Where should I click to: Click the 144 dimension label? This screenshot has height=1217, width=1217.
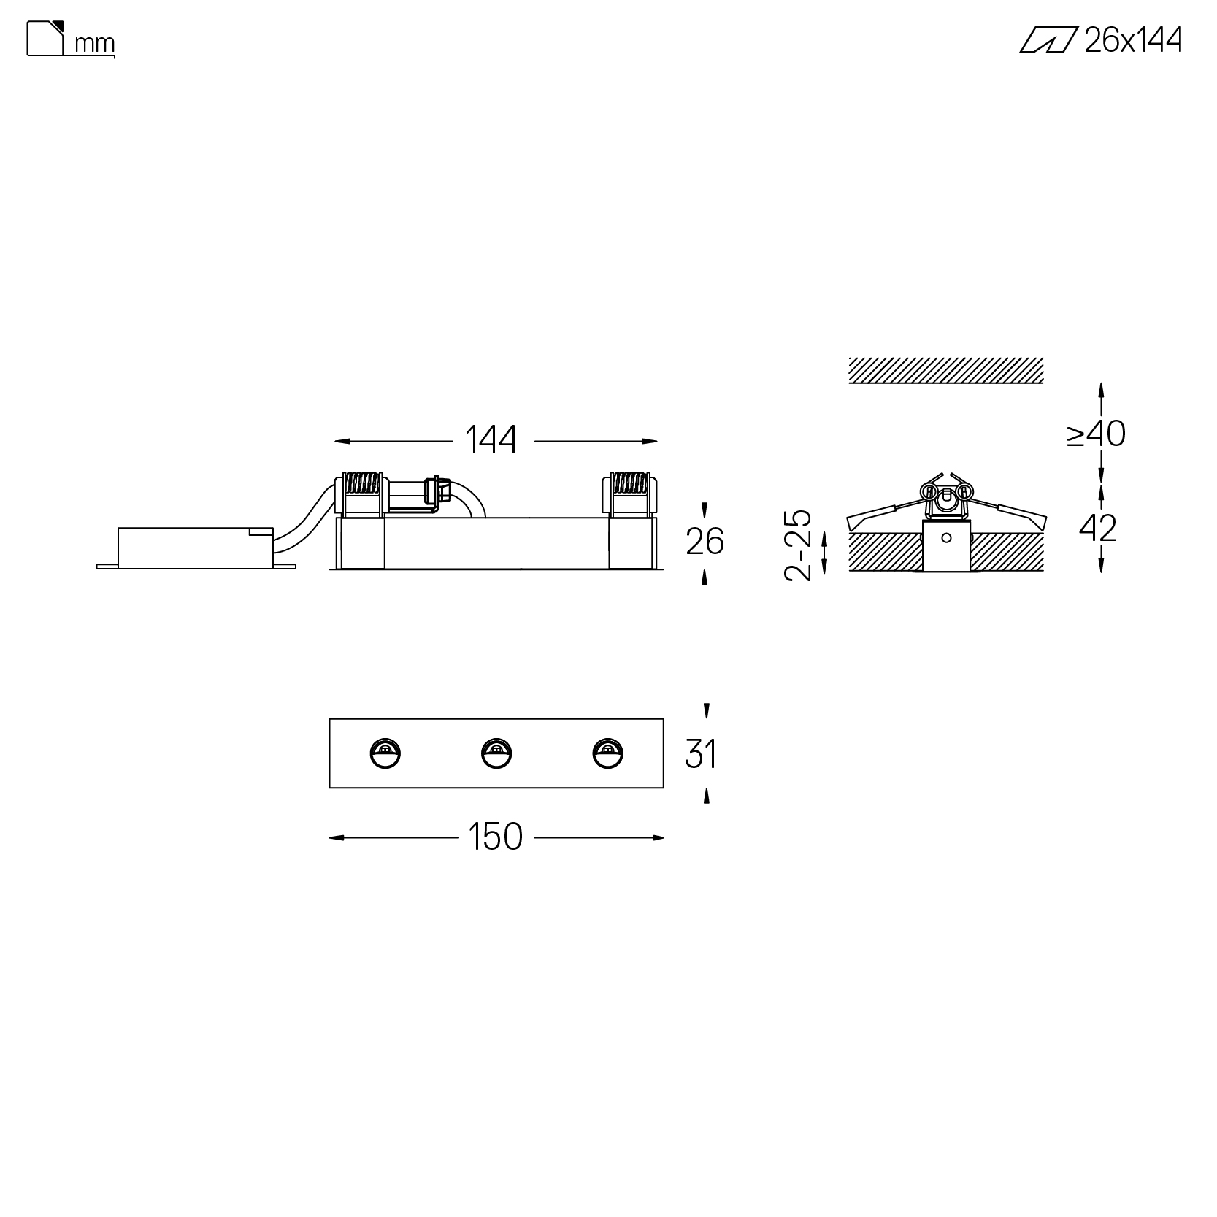tap(491, 440)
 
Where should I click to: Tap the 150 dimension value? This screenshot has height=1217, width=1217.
tap(496, 837)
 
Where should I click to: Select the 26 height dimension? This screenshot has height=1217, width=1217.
tap(705, 542)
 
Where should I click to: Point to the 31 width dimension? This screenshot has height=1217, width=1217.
tap(701, 753)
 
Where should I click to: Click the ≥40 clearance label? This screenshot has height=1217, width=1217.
tap(1097, 434)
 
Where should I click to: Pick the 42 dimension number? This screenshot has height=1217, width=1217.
tap(1098, 528)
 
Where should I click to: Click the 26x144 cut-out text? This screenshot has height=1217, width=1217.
tap(1133, 40)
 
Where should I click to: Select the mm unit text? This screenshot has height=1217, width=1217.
tap(95, 44)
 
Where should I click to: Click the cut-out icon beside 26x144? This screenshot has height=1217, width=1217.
tap(1048, 40)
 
